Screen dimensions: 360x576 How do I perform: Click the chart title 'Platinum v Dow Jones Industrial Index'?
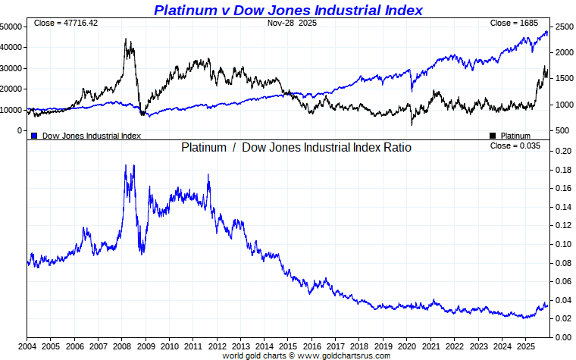pos(288,10)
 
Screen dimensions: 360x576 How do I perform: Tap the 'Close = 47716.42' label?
pos(66,23)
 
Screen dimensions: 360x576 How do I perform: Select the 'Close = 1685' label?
pos(514,23)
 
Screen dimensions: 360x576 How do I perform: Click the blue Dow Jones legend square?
pos(34,136)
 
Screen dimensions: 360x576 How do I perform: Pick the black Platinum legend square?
pos(493,136)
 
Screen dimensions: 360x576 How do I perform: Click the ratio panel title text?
pos(296,147)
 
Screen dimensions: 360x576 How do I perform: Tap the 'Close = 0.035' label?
pos(515,146)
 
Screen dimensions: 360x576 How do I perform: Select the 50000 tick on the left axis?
pos(11,27)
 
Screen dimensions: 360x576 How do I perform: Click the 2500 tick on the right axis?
pos(563,27)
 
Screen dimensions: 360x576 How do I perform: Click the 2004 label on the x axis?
pos(27,346)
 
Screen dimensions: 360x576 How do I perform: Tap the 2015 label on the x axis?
pos(287,346)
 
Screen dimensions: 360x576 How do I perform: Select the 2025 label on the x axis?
pos(523,346)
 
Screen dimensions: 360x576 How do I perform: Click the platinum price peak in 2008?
pos(126,39)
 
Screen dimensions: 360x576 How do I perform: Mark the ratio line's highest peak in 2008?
pos(125,164)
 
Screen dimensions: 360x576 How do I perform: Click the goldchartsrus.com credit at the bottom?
pos(306,355)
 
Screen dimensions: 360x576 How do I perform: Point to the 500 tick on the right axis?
pos(561,130)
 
